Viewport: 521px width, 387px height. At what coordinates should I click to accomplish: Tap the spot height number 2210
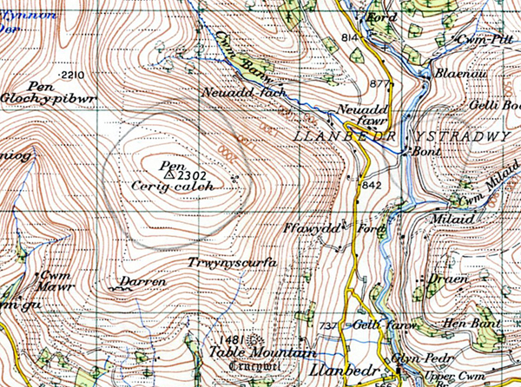click(75, 76)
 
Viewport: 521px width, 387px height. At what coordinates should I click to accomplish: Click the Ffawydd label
click(304, 228)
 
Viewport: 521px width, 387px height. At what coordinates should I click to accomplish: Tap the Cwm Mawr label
click(54, 282)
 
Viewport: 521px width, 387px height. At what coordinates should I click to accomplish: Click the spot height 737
click(327, 325)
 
